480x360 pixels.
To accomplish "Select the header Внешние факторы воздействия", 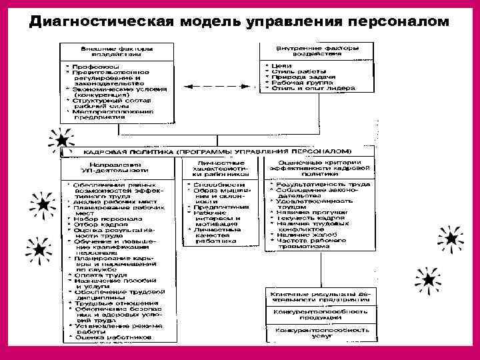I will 115,52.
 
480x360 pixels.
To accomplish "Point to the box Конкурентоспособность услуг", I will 317,333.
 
